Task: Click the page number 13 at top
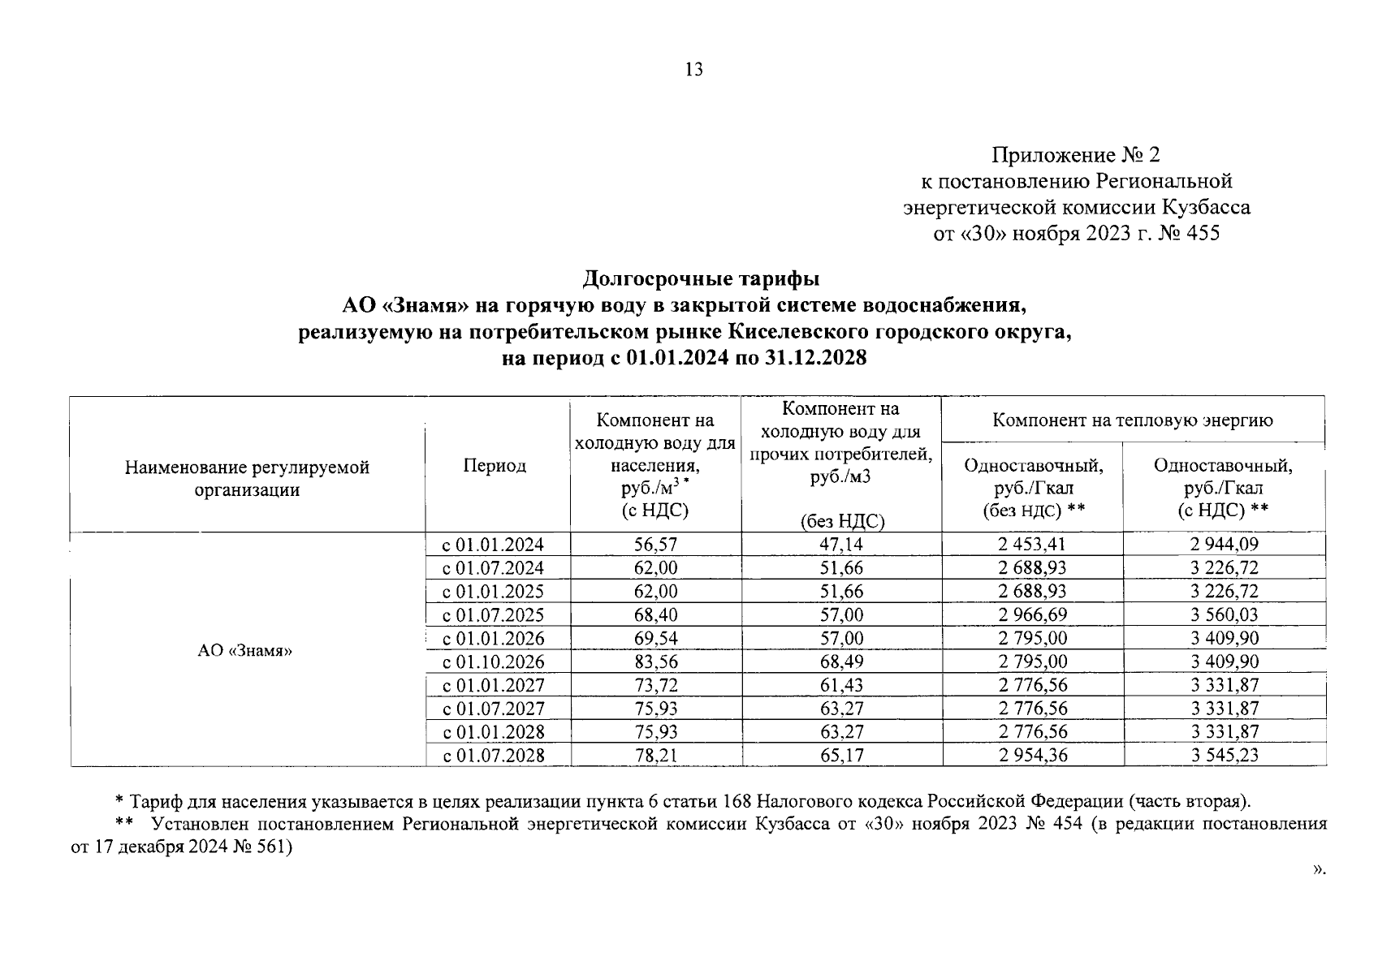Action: (x=693, y=70)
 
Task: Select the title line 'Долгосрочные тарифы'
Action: (x=701, y=279)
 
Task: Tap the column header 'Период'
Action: (x=495, y=465)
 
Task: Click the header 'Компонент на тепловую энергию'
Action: (x=1133, y=420)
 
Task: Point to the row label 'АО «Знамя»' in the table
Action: (x=244, y=651)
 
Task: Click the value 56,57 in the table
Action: (x=655, y=545)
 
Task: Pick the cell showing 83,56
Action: (x=655, y=662)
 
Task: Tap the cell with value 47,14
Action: (x=841, y=545)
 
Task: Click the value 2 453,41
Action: (x=1032, y=545)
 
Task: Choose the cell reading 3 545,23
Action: (x=1225, y=756)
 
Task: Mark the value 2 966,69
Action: (x=1032, y=615)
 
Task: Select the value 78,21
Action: (x=655, y=756)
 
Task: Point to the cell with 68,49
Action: (x=841, y=662)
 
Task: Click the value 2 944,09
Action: (x=1225, y=545)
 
